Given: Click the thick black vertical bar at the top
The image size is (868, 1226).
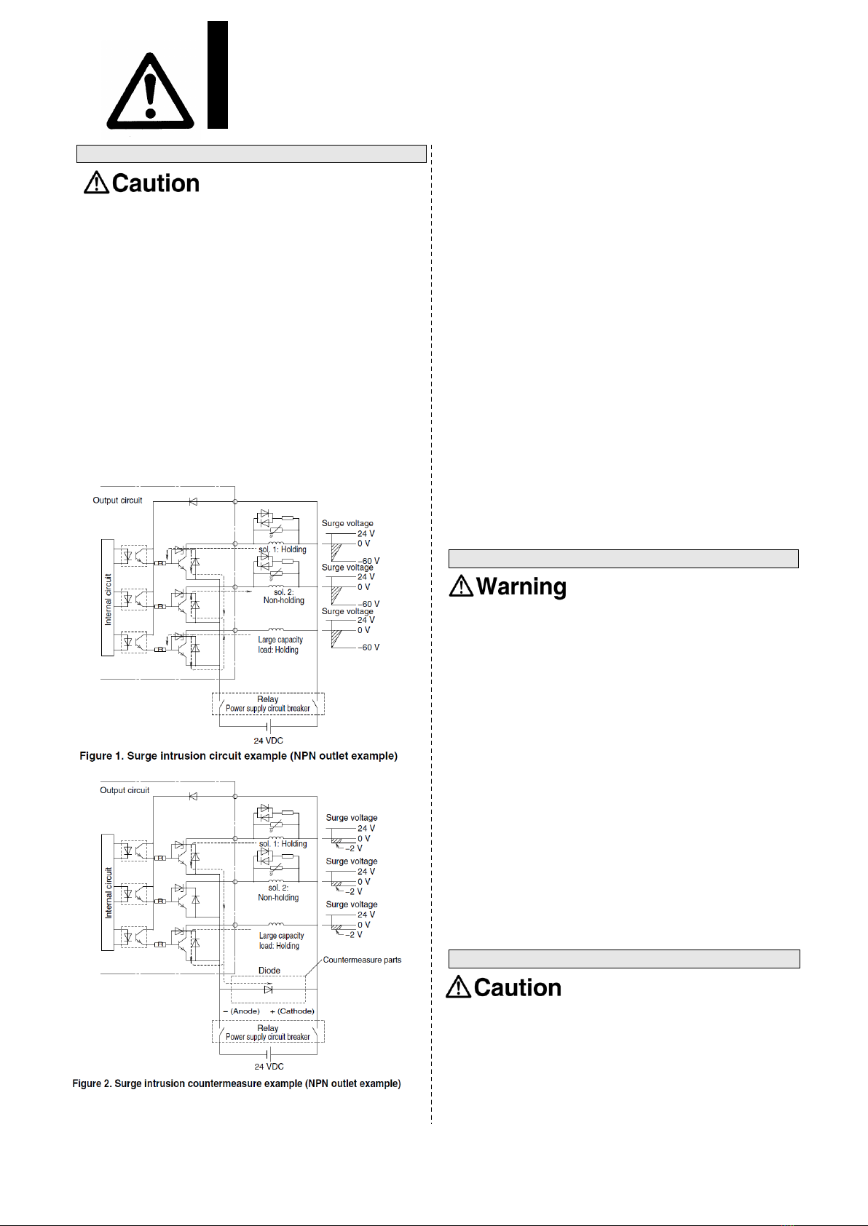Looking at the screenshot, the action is pos(218,75).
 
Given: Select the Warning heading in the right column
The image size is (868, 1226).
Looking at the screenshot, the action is pos(508,586).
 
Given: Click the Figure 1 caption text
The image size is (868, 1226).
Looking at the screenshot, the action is pos(238,756).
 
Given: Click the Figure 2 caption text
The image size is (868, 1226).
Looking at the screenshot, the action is pos(237,1083).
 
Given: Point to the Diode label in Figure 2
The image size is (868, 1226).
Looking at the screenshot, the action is pos(269,971).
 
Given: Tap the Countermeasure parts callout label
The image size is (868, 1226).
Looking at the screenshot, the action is pos(362,960).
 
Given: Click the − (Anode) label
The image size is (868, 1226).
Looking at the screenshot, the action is pos(242,1011).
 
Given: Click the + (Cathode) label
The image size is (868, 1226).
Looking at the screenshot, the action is pos(292,1011).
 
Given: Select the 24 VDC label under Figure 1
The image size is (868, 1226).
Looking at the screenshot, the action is pos(269,741).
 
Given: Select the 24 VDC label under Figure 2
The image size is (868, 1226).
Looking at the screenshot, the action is pos(269,1066).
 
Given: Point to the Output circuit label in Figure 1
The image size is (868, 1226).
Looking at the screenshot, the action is pos(117,501).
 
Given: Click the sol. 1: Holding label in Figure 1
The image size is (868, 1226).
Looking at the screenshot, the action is pos(282,549).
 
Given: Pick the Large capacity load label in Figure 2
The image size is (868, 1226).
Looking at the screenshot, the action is pos(281,941).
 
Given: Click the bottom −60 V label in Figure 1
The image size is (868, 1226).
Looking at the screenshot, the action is pos(368,647).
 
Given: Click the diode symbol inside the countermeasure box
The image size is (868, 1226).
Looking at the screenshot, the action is pos(269,989).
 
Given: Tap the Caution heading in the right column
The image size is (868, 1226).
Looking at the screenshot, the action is pos(504,987).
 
